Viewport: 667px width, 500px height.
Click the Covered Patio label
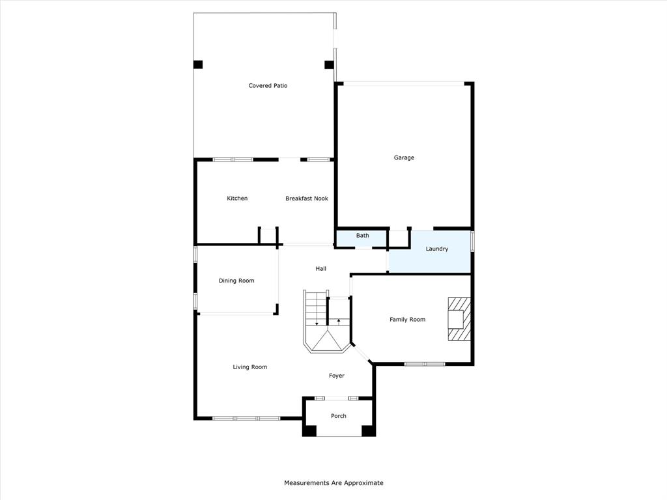268,86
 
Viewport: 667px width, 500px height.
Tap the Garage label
404,158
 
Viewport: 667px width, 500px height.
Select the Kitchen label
237,199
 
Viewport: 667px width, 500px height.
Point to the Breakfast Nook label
307,199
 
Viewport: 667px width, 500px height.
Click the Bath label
362,236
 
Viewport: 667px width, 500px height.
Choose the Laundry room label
436,249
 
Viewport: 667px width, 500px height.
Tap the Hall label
320,268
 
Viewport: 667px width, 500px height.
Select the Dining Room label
236,281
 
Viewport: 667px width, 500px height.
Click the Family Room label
407,320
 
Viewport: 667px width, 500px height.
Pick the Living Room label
250,367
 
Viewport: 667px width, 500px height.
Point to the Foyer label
337,376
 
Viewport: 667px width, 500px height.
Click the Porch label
339,416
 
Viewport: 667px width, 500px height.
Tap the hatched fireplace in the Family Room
458,319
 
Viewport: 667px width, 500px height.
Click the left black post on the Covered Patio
198,64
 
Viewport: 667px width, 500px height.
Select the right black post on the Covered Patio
329,64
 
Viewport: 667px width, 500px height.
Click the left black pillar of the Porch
310,430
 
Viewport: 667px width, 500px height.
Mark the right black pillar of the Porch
368,430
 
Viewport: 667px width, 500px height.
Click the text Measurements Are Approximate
333,483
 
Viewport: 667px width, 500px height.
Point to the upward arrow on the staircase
339,321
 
